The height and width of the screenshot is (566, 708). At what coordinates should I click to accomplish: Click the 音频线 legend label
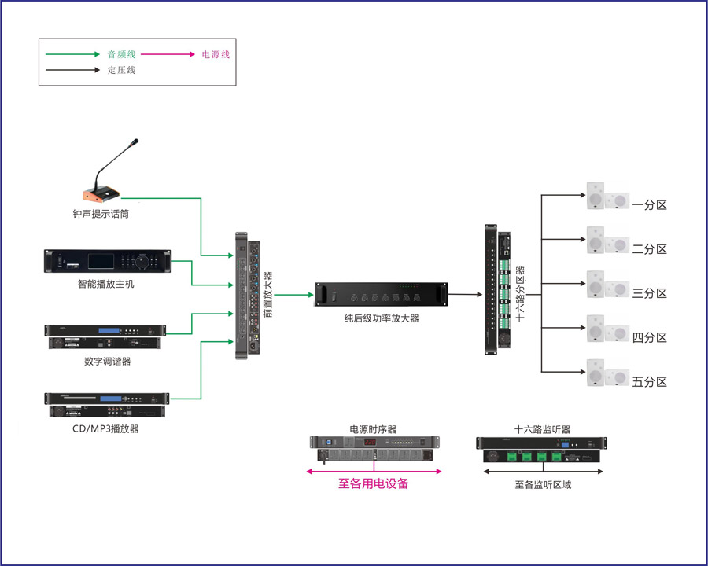click(x=122, y=54)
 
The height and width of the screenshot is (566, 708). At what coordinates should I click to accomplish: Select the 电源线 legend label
click(x=216, y=54)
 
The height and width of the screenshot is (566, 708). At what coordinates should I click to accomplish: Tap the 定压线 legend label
click(x=122, y=70)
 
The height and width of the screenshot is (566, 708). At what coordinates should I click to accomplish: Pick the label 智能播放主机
click(x=106, y=284)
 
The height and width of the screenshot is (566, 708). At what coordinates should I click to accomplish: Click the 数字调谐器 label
click(x=108, y=362)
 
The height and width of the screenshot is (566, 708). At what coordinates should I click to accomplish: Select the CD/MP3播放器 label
click(x=106, y=429)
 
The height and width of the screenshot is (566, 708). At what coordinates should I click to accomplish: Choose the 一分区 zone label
click(x=650, y=205)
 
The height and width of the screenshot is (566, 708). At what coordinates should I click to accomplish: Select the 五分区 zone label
click(x=650, y=382)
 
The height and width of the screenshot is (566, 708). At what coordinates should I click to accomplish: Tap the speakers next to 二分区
click(x=607, y=241)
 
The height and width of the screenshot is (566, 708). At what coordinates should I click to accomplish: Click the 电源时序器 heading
click(x=374, y=430)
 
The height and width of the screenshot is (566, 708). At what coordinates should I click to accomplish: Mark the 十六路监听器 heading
click(x=542, y=430)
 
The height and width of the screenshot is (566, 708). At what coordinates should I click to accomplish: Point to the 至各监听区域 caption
click(x=543, y=485)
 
